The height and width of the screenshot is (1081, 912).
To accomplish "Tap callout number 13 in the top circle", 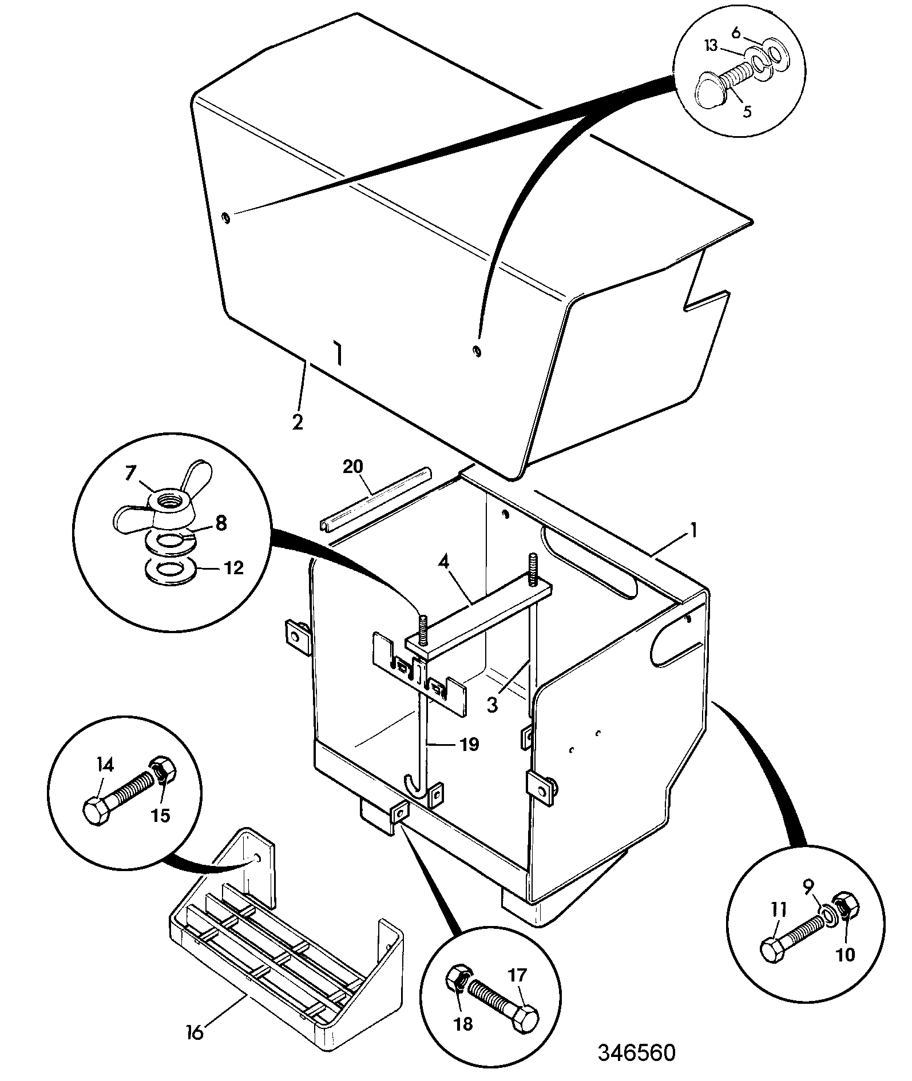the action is pyautogui.click(x=711, y=46).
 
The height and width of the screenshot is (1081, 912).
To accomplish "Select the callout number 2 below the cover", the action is pyautogui.click(x=297, y=422).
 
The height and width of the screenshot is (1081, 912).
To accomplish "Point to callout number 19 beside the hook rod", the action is pyautogui.click(x=469, y=745).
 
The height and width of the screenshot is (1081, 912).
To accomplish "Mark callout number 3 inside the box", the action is pyautogui.click(x=492, y=705).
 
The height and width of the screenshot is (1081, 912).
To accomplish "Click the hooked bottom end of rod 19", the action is pyautogui.click(x=415, y=783).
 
